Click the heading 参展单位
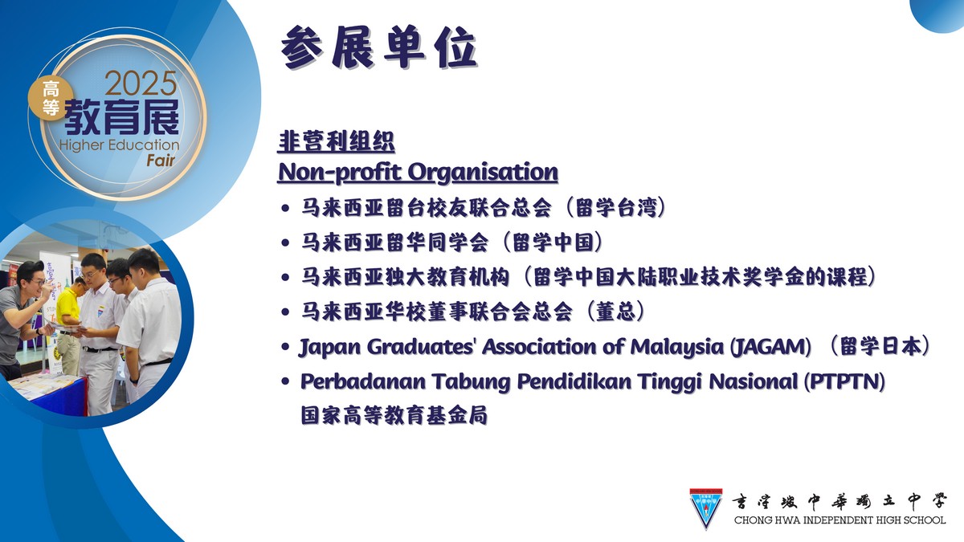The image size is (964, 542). click(x=378, y=47)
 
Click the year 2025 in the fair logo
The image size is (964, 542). click(x=141, y=84)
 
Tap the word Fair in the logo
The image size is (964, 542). click(x=161, y=161)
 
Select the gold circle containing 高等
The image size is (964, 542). click(x=51, y=98)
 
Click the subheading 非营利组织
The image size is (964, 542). click(x=336, y=141)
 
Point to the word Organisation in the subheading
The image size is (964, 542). click(x=483, y=173)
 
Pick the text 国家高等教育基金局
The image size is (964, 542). click(x=394, y=415)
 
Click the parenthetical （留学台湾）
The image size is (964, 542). click(x=615, y=208)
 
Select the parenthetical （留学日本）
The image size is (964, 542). click(x=879, y=346)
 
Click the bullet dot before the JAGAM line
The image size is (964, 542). click(x=285, y=347)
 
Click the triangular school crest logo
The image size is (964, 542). click(x=706, y=508)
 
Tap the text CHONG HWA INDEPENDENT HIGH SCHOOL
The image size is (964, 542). click(x=839, y=520)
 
